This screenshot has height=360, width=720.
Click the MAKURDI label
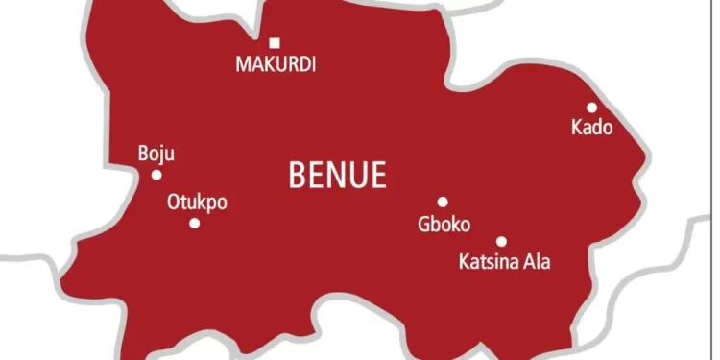pyautogui.click(x=276, y=65)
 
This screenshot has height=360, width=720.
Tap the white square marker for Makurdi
pyautogui.click(x=275, y=42)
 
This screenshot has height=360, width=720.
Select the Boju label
pyautogui.click(x=156, y=154)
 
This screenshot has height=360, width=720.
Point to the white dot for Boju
pyautogui.click(x=156, y=175)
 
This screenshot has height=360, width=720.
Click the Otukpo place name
pyautogui.click(x=197, y=203)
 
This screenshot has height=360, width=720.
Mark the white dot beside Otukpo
pyautogui.click(x=194, y=223)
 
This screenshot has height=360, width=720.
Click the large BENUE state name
pyautogui.click(x=338, y=176)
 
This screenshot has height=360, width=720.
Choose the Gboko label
pyautogui.click(x=444, y=226)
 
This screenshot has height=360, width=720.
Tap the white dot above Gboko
pyautogui.click(x=443, y=202)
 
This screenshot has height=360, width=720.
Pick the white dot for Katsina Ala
pyautogui.click(x=501, y=242)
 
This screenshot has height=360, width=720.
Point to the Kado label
pyautogui.click(x=591, y=128)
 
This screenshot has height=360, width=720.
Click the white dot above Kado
pyautogui.click(x=591, y=108)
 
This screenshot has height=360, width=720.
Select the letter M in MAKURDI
pyautogui.click(x=243, y=65)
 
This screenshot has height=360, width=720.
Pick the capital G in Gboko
pyautogui.click(x=423, y=226)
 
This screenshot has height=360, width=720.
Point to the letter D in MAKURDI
pyautogui.click(x=302, y=65)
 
